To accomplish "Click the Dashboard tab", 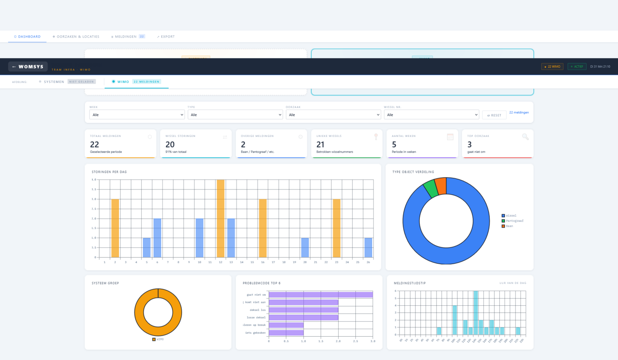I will [27, 37].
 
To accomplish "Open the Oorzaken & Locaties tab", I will [76, 37].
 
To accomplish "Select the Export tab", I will [166, 37].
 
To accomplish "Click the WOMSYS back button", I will [28, 67].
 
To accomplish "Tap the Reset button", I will [494, 115].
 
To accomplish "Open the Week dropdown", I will [137, 114].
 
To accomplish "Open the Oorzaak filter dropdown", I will [333, 114].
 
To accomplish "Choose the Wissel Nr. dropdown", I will [431, 114].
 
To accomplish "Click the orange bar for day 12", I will [221, 218].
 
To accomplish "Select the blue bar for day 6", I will [157, 238].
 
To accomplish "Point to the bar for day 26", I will [368, 247].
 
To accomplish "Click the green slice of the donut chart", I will [430, 189].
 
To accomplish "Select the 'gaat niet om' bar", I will [320, 295].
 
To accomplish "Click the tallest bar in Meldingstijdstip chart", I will [476, 313].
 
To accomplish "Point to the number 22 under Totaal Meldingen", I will [94, 144].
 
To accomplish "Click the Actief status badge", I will [577, 67].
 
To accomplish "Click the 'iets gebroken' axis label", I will [256, 333].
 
